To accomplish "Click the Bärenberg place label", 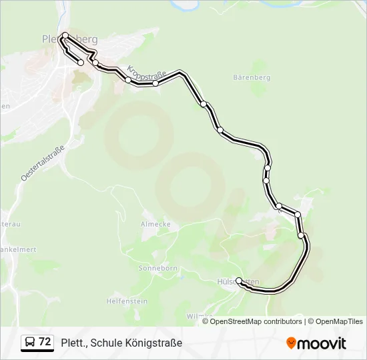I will (x=252, y=77).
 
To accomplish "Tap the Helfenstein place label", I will (x=126, y=301).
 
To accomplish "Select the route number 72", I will (x=45, y=342).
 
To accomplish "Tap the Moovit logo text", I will (x=322, y=343).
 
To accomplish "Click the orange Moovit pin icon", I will (x=292, y=343).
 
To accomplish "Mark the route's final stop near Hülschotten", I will (x=239, y=281).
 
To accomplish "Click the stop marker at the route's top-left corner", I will (x=65, y=35).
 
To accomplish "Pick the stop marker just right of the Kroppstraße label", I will (x=155, y=83).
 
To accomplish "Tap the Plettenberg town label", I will (x=69, y=38).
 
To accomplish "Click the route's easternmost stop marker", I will (x=301, y=235).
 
